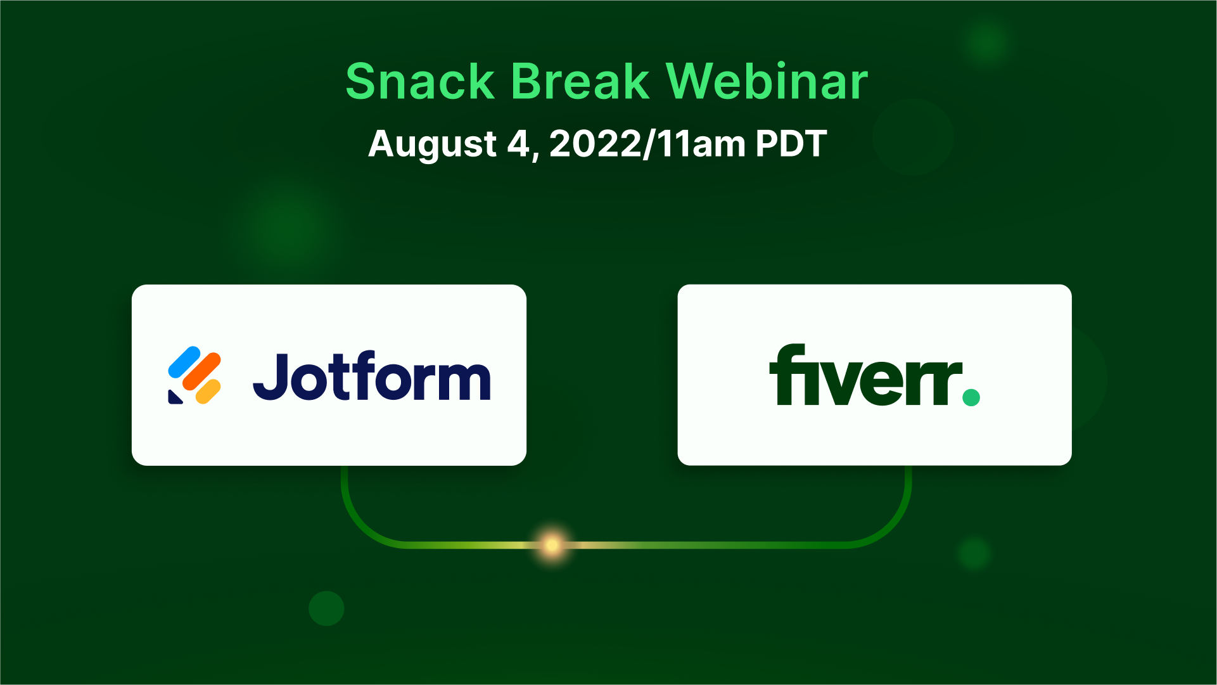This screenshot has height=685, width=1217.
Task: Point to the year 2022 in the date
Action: click(x=596, y=144)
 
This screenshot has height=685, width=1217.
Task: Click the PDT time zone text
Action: click(x=791, y=144)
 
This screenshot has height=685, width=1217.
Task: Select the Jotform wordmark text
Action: click(x=372, y=376)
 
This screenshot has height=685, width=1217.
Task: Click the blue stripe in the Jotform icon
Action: click(x=184, y=361)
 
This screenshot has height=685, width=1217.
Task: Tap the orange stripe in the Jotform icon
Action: click(x=201, y=373)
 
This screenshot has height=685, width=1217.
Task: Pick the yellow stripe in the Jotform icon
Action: click(x=208, y=391)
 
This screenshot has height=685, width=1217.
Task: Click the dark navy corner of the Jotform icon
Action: click(x=174, y=397)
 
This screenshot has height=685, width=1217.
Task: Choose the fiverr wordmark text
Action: click(x=866, y=375)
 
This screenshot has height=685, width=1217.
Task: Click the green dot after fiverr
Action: click(x=971, y=397)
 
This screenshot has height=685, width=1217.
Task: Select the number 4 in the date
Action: click(x=518, y=144)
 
